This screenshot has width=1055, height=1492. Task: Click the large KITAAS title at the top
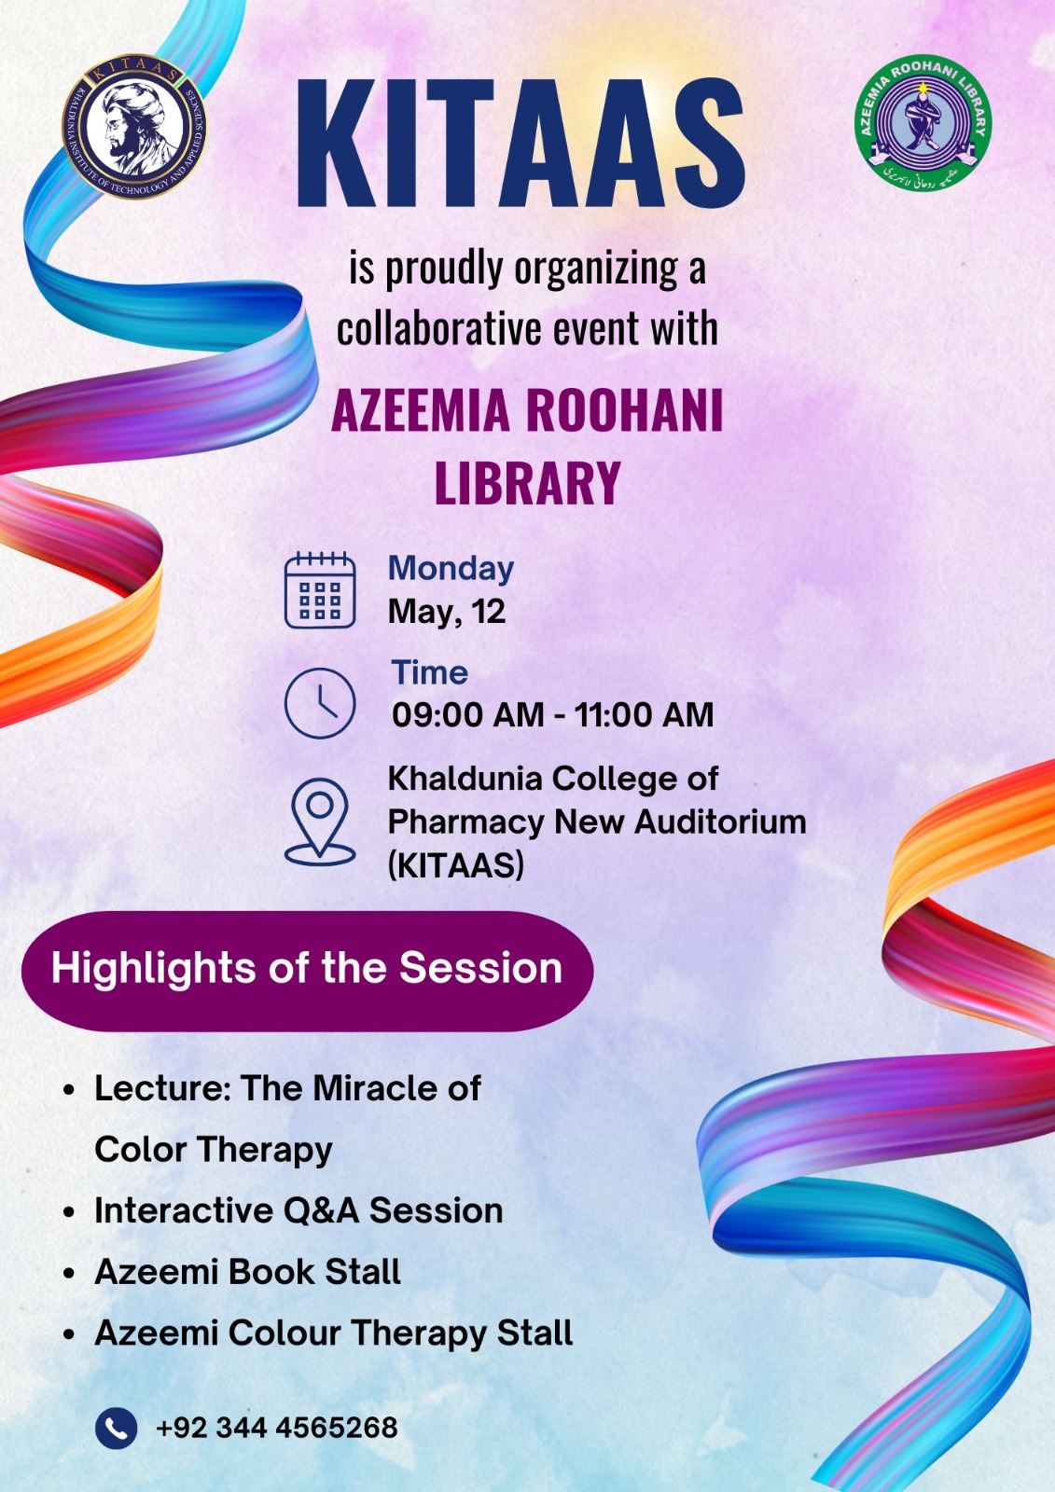(x=520, y=144)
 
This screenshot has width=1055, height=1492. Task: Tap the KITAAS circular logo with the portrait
(x=134, y=126)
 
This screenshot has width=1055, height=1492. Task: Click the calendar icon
(x=320, y=590)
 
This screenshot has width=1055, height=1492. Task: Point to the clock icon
(x=320, y=703)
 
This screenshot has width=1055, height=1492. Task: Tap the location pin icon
(x=320, y=822)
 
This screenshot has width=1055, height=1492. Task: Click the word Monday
(x=451, y=570)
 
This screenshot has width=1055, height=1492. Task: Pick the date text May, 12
(x=447, y=612)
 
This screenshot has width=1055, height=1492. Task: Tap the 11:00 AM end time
(x=644, y=714)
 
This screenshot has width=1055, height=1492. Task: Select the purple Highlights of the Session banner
(x=307, y=971)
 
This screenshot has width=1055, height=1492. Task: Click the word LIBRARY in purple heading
(x=528, y=483)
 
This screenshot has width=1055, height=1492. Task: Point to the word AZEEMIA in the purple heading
(x=421, y=411)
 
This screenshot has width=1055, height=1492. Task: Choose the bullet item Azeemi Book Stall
(x=247, y=1272)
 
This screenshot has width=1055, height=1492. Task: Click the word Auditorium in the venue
(x=720, y=822)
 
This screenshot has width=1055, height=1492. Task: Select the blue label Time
(x=429, y=672)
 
